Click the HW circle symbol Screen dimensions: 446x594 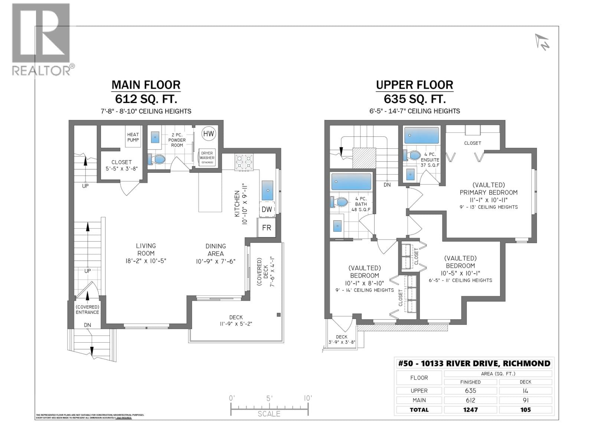(x=209, y=133)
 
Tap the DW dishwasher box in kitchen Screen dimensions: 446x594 (x=267, y=209)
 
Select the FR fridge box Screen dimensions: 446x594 (x=266, y=227)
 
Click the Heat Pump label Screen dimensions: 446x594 (x=133, y=137)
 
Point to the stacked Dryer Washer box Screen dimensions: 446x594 (x=207, y=158)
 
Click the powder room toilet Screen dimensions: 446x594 (x=157, y=159)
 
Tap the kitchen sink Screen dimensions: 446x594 (x=268, y=190)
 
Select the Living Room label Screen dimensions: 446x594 (x=146, y=249)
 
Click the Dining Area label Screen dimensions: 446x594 (x=216, y=250)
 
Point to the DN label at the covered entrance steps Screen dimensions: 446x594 (x=87, y=325)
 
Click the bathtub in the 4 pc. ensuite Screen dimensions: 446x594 (x=421, y=135)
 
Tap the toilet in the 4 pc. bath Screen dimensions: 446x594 (x=339, y=202)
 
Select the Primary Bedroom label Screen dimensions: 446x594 (x=488, y=192)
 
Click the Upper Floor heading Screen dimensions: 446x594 (x=414, y=85)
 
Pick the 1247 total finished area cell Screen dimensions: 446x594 (x=470, y=410)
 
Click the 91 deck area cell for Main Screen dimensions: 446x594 (x=525, y=400)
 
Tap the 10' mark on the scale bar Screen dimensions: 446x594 (x=308, y=398)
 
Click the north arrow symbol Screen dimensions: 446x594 (x=542, y=42)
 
